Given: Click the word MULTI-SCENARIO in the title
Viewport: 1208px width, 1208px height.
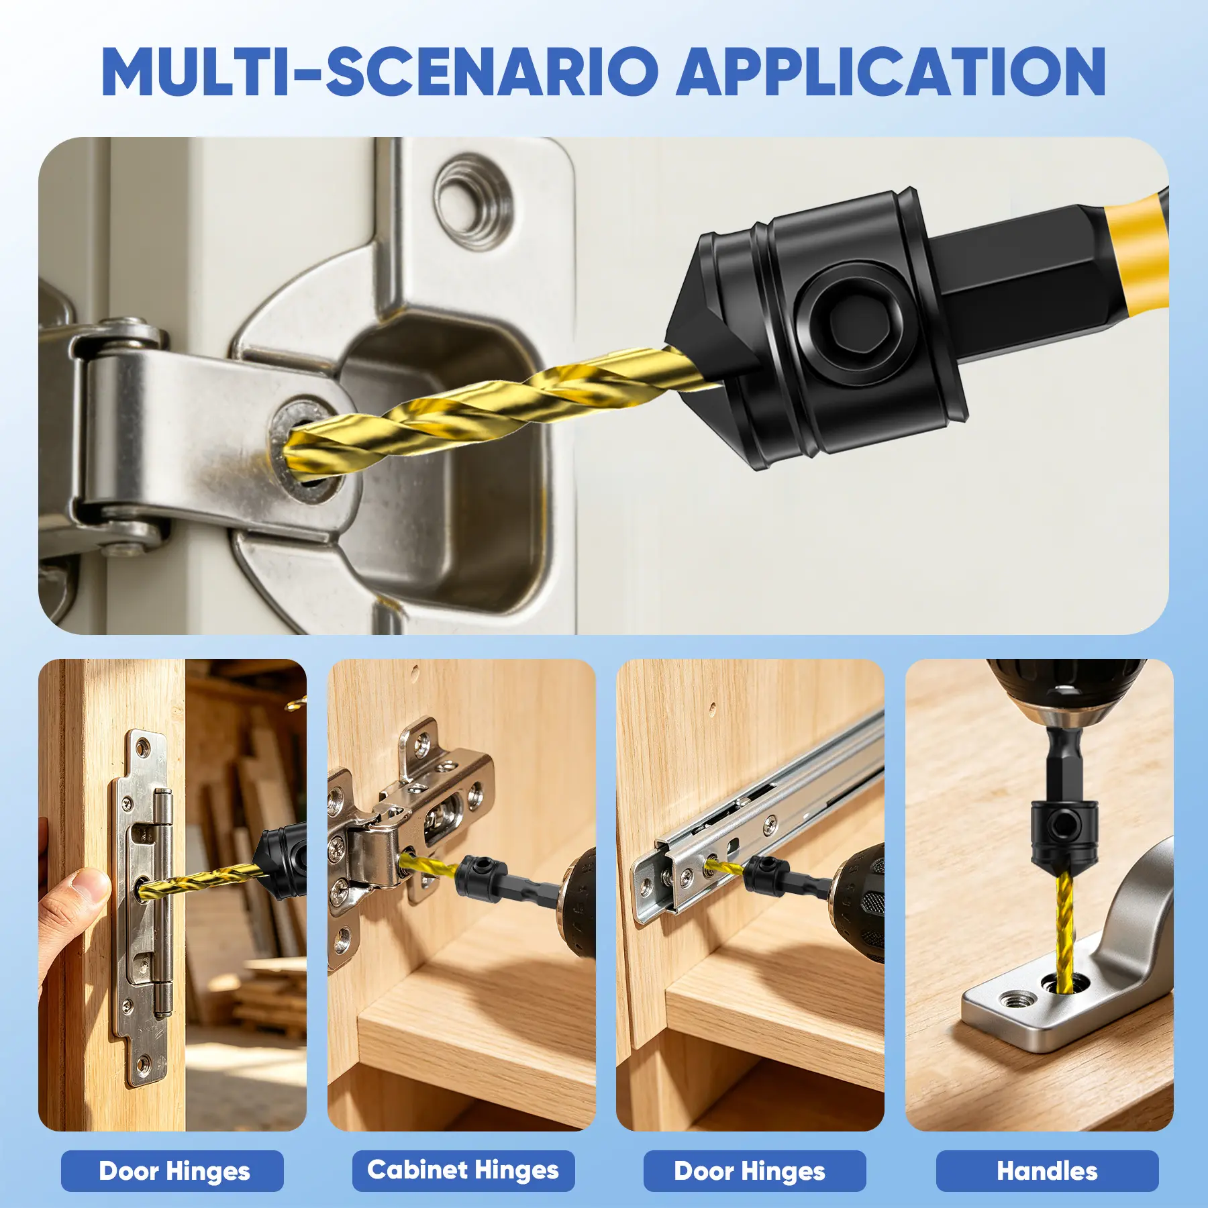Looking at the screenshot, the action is coord(380,72).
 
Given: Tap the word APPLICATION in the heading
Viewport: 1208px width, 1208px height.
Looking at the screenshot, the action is coord(891,72).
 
